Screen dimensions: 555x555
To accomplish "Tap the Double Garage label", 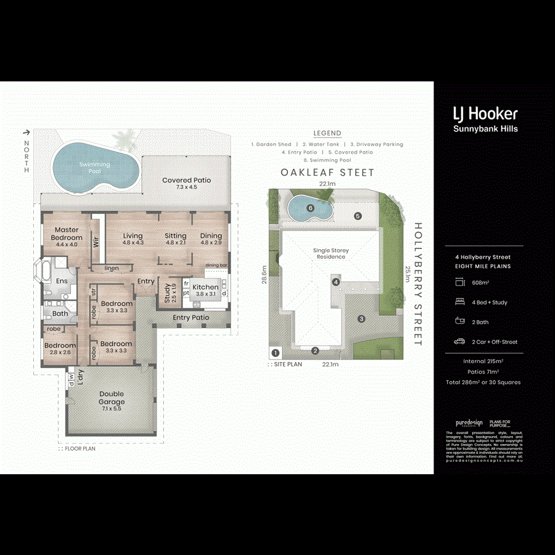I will coord(112,398).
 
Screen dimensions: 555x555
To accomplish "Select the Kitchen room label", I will coord(205,287).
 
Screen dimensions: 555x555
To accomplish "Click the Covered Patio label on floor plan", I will coord(186,181).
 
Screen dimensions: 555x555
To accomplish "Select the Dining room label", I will coord(211,236).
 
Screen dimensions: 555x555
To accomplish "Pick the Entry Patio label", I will coord(191,318).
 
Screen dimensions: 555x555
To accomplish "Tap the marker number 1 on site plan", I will coord(275,353).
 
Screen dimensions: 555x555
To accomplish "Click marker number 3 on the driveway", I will coord(362,319).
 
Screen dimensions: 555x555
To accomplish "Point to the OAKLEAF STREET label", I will coord(327,173).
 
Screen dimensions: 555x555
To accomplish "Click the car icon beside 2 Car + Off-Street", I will coord(459,342).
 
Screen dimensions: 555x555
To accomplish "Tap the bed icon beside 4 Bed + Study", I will coord(459,302).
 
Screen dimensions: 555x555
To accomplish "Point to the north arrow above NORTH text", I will coord(26,132).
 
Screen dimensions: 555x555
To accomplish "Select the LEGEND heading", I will coord(327,133).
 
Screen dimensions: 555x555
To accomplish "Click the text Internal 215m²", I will coord(483,361).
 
